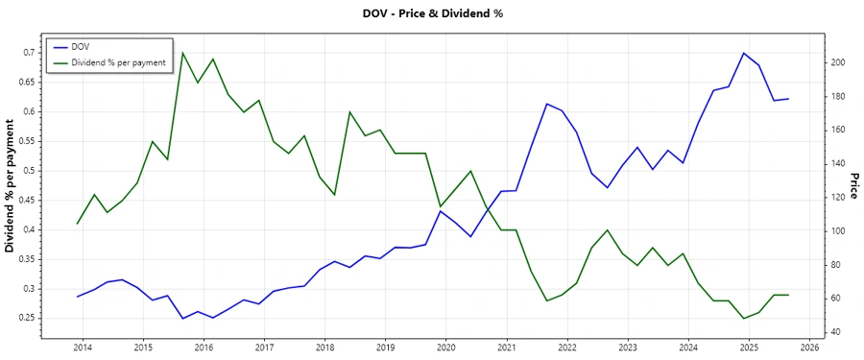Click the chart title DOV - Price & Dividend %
point(431,13)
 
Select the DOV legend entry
point(81,46)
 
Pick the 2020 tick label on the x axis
point(445,347)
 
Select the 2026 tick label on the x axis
point(809,347)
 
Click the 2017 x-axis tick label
point(264,347)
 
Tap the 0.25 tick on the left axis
point(26,318)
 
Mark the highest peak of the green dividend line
point(182,52)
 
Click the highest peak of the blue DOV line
point(743,53)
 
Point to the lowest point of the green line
point(743,319)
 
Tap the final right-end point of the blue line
point(788,99)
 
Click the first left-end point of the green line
point(78,224)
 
